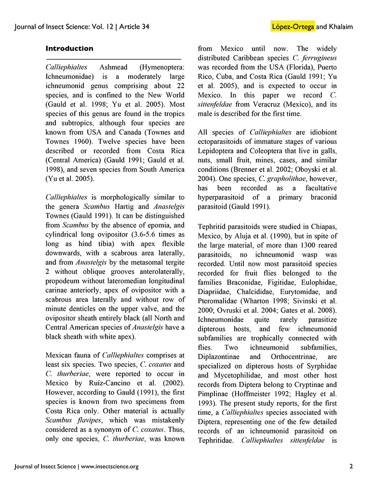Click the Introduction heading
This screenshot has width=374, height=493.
[x=69, y=49]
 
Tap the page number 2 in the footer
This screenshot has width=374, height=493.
[x=351, y=466]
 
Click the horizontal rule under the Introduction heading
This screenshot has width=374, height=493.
[x=113, y=59]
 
